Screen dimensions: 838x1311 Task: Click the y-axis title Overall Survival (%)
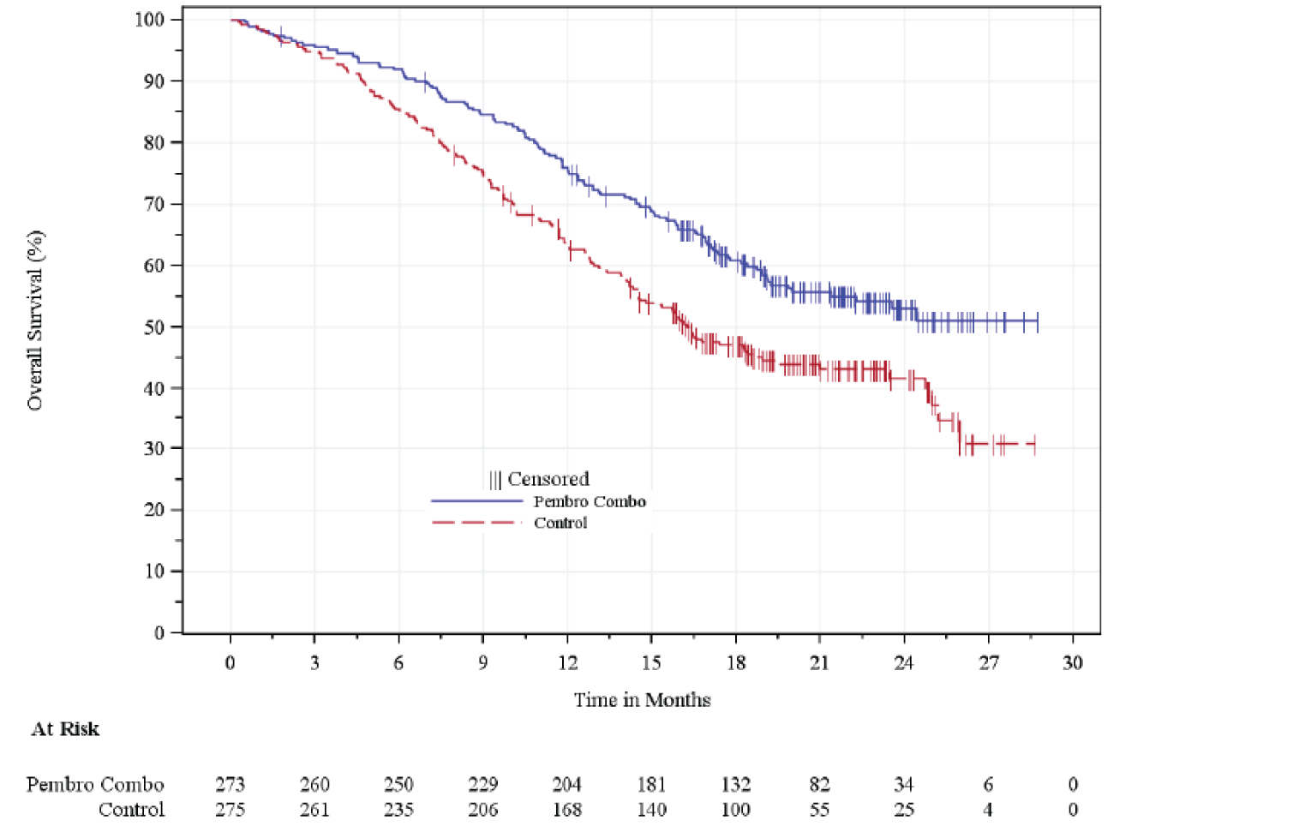35,320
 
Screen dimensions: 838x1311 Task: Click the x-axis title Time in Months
642,700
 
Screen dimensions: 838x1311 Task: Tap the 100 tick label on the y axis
149,19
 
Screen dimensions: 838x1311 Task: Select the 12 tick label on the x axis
567,662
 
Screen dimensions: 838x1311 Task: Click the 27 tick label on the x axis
989,662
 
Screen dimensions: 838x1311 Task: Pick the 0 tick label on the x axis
230,662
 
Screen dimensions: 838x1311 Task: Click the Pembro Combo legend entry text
590,501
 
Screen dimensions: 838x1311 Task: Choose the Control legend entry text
560,523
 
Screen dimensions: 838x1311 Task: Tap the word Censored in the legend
548,479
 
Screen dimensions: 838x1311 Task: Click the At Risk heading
65,729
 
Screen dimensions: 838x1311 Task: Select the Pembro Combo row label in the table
95,784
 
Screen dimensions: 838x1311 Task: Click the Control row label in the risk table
131,810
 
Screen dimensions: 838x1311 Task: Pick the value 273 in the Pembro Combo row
230,784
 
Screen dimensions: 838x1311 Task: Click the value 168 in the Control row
567,810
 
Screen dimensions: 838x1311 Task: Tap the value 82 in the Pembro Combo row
820,784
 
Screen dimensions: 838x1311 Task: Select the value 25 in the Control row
904,810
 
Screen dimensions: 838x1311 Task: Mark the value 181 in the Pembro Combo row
651,784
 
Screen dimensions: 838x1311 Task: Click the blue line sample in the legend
476,501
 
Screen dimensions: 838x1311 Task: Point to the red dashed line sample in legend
476,522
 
